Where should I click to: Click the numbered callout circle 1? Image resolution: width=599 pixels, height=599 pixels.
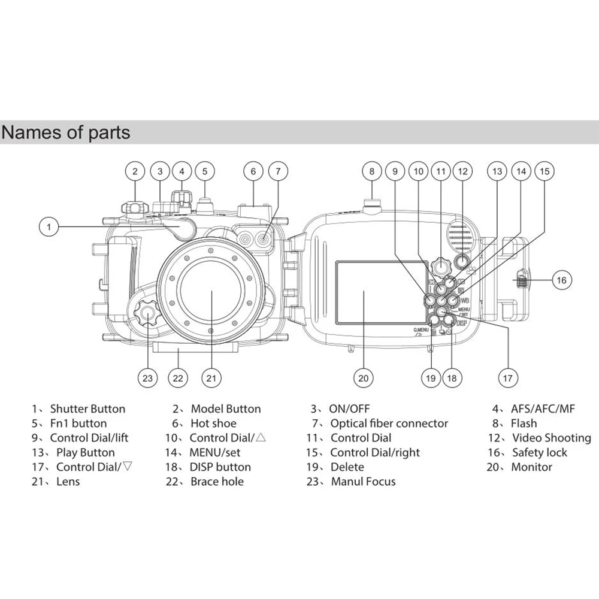pyautogui.click(x=50, y=226)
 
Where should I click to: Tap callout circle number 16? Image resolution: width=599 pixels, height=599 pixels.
pyautogui.click(x=561, y=279)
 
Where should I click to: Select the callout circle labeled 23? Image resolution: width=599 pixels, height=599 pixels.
pyautogui.click(x=148, y=377)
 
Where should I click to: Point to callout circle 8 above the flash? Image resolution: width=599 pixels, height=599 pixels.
pyautogui.click(x=372, y=171)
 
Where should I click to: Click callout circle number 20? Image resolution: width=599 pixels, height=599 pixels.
pyautogui.click(x=364, y=377)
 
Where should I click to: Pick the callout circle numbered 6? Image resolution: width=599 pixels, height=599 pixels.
pyautogui.click(x=253, y=171)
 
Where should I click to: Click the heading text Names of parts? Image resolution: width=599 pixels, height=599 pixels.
pyautogui.click(x=66, y=132)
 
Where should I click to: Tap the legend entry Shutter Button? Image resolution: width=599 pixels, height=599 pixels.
pyautogui.click(x=87, y=409)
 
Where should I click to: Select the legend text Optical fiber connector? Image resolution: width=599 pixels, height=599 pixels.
pyautogui.click(x=389, y=423)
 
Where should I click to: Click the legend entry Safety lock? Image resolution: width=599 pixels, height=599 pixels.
pyautogui.click(x=539, y=452)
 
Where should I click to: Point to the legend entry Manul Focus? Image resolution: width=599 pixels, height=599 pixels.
pyautogui.click(x=363, y=482)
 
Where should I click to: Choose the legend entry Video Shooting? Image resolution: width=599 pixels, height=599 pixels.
pyautogui.click(x=551, y=438)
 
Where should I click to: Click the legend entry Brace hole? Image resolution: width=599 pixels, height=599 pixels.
pyautogui.click(x=217, y=482)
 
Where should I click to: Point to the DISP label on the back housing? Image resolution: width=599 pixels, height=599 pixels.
pyautogui.click(x=461, y=324)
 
